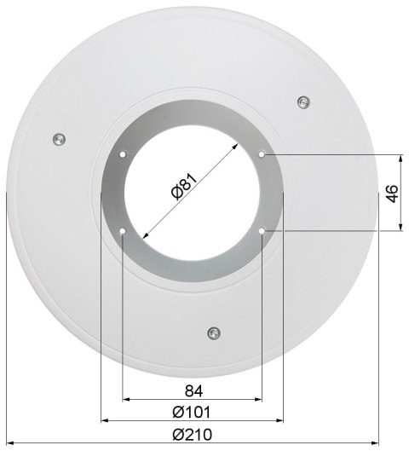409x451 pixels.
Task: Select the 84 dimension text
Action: pos(193,390)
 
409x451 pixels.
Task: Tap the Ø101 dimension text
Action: pos(193,412)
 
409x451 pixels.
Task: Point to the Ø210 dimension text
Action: pos(193,434)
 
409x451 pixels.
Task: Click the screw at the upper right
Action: pos(303,102)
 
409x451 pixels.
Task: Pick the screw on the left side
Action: pos(58,140)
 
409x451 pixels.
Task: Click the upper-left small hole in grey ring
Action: pos(124,155)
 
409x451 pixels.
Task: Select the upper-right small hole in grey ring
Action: pos(262,155)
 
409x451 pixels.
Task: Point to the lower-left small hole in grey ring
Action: pos(124,231)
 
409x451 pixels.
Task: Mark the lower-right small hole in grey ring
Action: pos(262,231)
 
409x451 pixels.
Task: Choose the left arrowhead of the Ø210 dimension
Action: pos(9,442)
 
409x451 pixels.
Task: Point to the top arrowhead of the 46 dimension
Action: pos(401,159)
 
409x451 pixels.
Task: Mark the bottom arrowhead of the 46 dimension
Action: pos(401,228)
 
